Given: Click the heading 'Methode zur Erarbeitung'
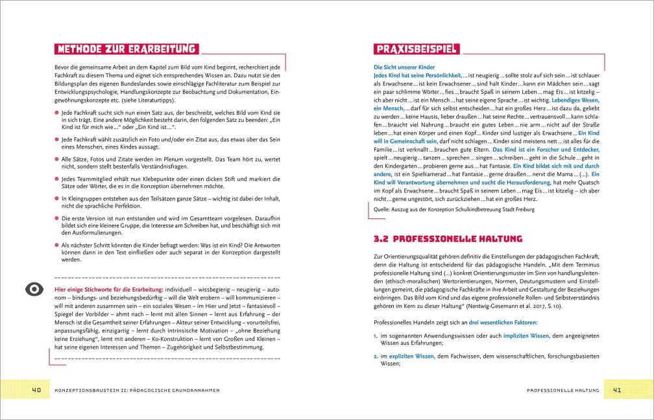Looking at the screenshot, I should click(x=127, y=49).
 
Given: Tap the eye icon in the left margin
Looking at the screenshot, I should click(x=34, y=289).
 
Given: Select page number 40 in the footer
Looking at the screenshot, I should click(x=36, y=390).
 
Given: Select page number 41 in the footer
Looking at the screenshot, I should click(x=616, y=390).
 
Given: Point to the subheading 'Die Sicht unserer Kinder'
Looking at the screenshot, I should click(x=403, y=67).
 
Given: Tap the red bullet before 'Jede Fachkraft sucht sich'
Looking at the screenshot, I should click(x=56, y=113).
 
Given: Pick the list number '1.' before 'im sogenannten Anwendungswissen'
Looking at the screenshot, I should click(x=376, y=336).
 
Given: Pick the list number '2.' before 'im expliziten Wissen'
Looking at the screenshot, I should click(x=376, y=356).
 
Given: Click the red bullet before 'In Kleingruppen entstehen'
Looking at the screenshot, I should click(x=56, y=201).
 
